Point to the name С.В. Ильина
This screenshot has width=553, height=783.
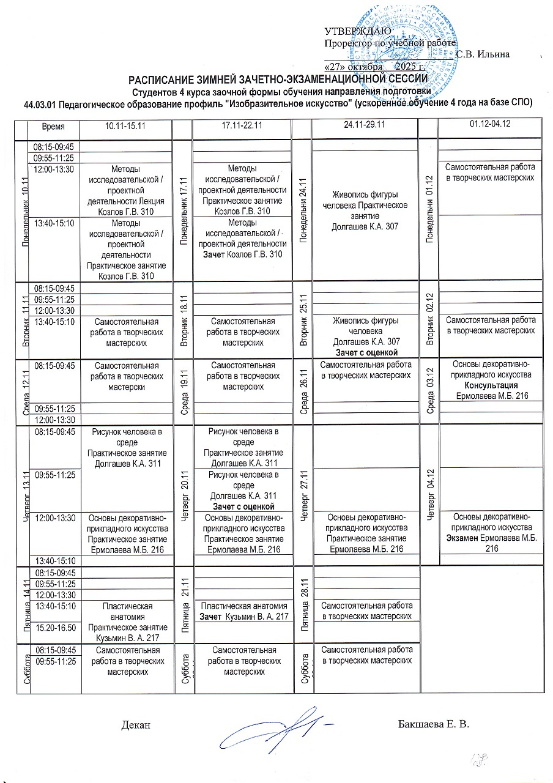pos(483,54)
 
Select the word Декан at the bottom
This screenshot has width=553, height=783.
pos(136,725)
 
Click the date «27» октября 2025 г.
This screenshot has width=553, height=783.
pos(374,65)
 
